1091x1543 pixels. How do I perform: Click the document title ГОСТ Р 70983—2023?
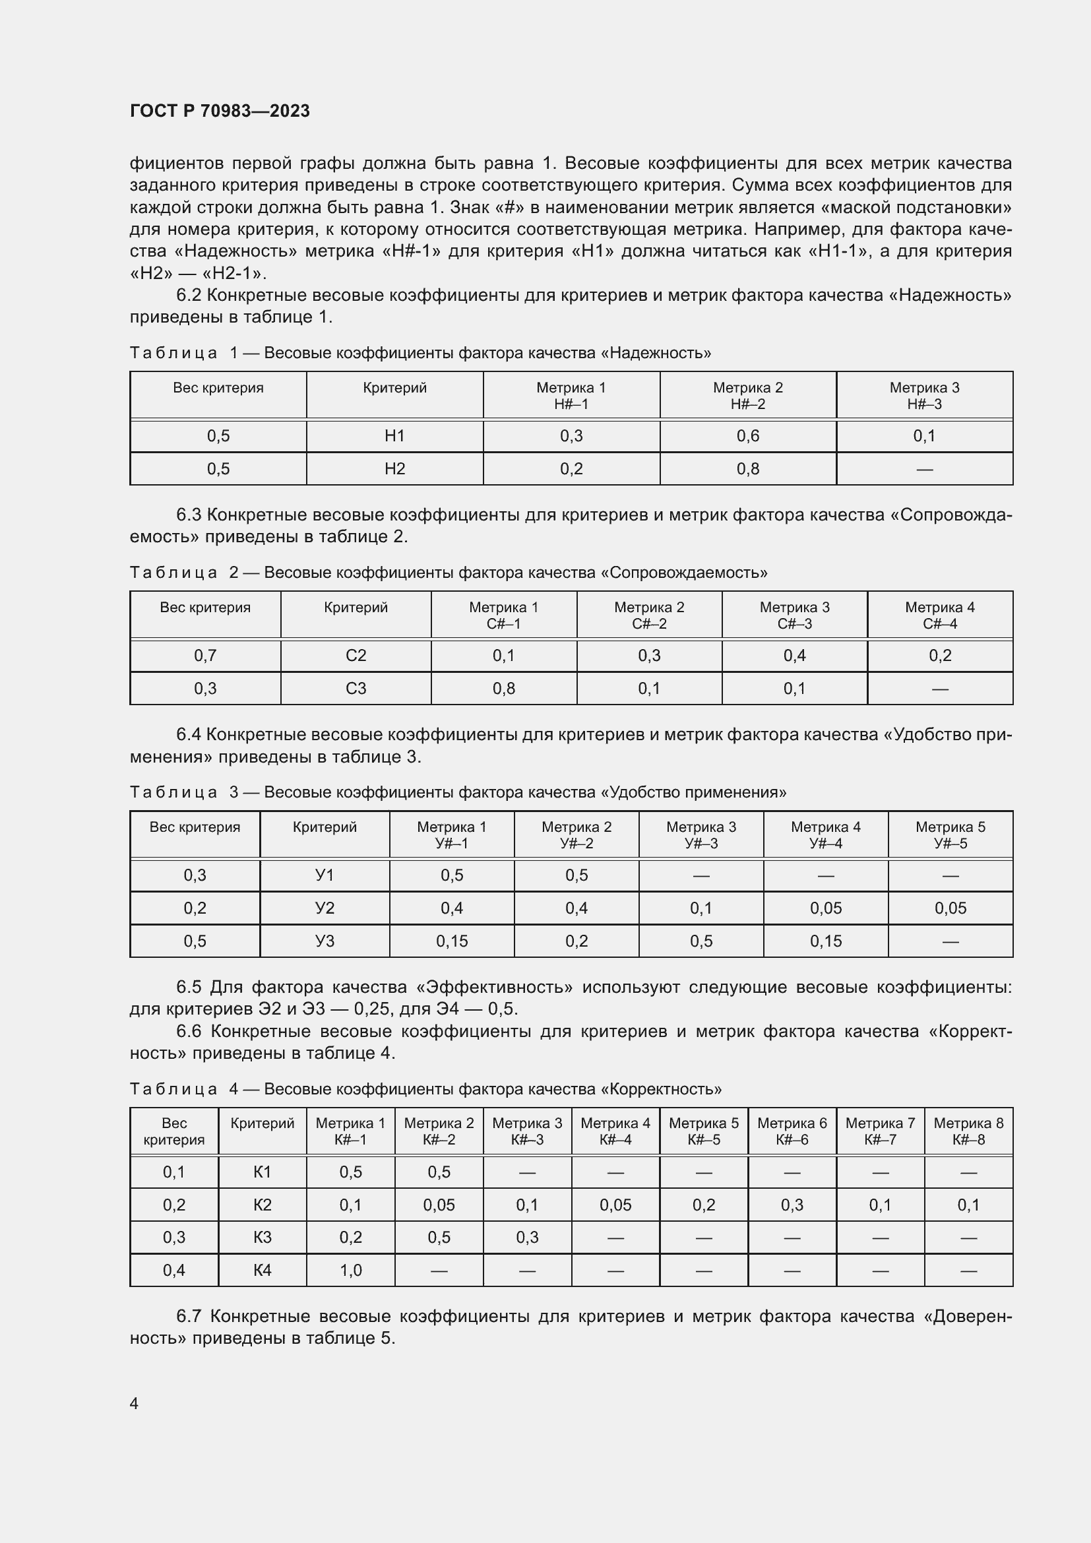[220, 111]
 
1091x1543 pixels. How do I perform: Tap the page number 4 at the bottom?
[135, 1403]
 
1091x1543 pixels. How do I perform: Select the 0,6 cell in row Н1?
[748, 436]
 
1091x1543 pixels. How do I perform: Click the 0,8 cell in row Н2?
[748, 468]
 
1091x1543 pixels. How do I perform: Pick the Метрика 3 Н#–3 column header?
[924, 395]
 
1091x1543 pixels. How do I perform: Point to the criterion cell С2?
[356, 655]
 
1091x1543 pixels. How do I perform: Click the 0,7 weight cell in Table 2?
[205, 655]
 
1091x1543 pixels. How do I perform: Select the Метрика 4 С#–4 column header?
[940, 615]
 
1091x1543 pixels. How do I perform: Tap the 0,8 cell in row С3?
[504, 688]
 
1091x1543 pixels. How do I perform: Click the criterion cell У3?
[325, 941]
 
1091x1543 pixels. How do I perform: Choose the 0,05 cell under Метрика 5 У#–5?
[950, 908]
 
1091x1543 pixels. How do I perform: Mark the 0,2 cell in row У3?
[577, 941]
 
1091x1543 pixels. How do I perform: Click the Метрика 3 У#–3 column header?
[701, 834]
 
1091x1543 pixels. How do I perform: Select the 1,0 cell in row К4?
[351, 1270]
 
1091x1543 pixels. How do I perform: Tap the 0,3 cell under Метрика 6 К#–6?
[792, 1205]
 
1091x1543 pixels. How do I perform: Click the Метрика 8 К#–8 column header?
[968, 1131]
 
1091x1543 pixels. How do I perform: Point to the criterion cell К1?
[262, 1172]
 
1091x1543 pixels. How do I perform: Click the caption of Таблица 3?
[458, 792]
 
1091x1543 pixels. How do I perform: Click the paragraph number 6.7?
[189, 1317]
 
